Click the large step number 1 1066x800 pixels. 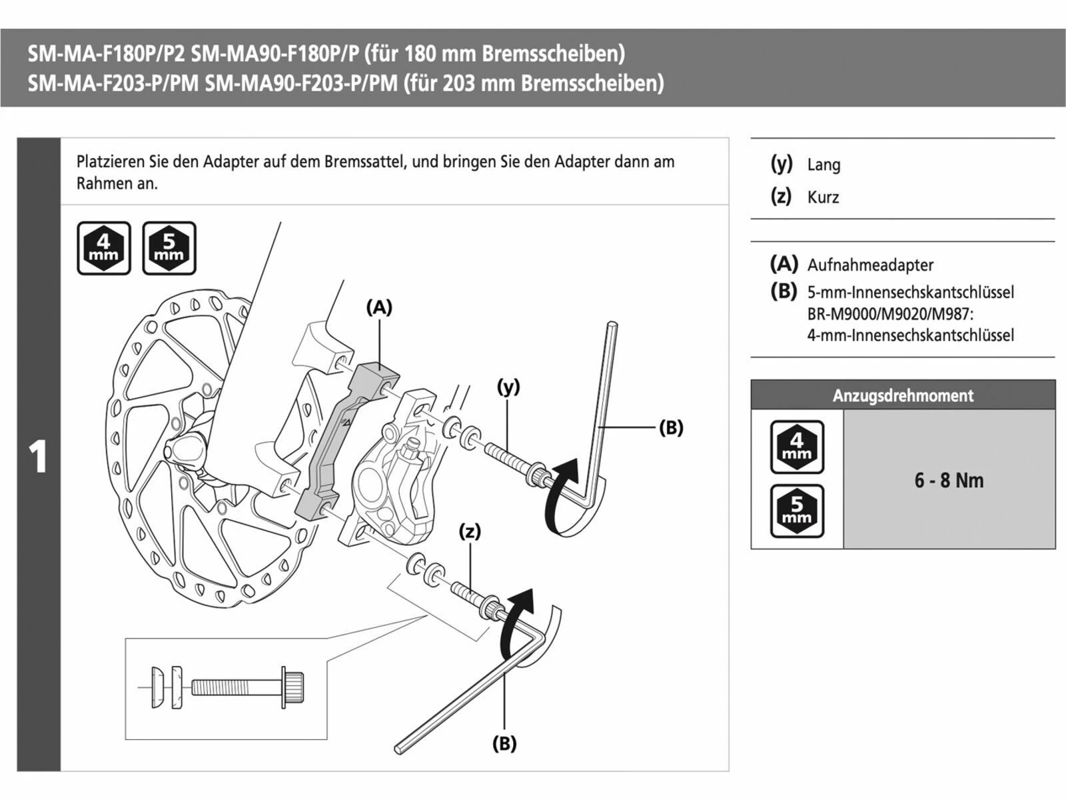tap(39, 457)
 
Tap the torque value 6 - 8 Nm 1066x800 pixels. tap(948, 480)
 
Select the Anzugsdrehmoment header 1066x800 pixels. tap(903, 395)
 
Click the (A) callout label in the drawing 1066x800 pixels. tap(379, 307)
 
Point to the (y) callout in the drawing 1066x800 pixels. tap(508, 387)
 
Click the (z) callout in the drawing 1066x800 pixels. tap(470, 531)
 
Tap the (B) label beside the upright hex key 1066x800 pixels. tap(671, 427)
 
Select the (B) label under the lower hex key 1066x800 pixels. tap(504, 743)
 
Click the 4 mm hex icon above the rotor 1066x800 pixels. tap(104, 248)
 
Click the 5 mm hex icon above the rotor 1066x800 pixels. tap(169, 248)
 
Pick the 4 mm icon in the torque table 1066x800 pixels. tap(797, 447)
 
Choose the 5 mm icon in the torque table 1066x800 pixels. tap(797, 511)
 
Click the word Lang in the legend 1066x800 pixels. tap(823, 165)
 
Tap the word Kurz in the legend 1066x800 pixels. tap(823, 197)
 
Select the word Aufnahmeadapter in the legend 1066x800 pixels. tap(870, 265)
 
